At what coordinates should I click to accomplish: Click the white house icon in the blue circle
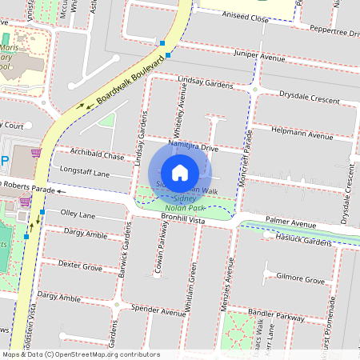click(180, 172)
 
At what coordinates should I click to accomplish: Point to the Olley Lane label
click(78, 215)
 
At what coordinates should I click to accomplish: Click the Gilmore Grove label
click(300, 280)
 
